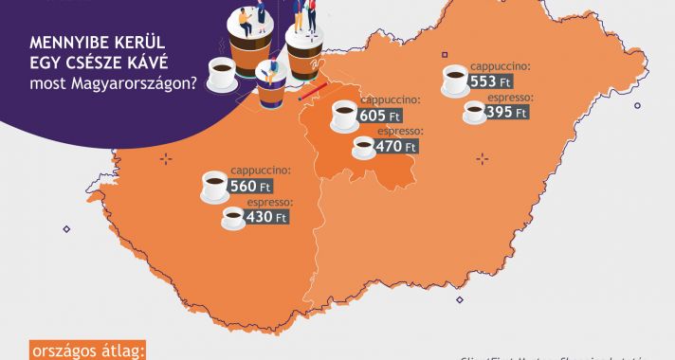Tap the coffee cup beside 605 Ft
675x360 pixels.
point(344,116)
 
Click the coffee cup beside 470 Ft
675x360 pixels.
point(363,147)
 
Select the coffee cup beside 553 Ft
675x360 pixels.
point(455,80)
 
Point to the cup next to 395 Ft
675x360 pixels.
point(475,113)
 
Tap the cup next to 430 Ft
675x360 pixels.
point(233,219)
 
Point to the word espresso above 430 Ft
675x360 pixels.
point(269,203)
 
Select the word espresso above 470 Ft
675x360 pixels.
point(400,131)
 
